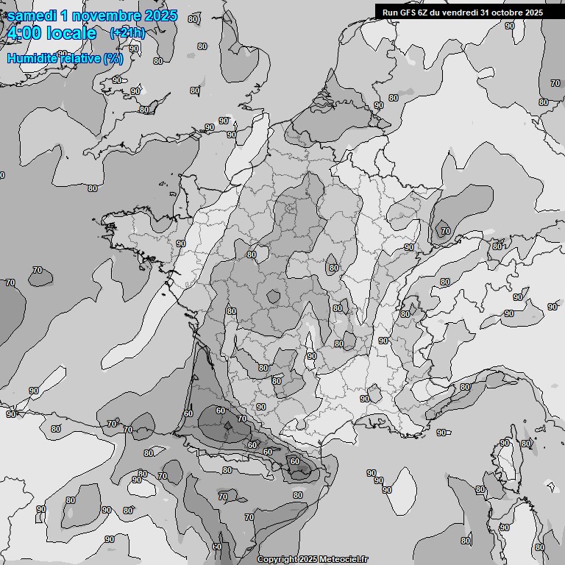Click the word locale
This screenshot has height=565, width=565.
tap(71, 34)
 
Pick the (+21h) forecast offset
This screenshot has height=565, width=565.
tap(128, 33)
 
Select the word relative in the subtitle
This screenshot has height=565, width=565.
tap(82, 58)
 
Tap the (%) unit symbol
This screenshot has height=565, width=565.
tap(113, 58)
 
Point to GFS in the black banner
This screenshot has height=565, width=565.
tap(409, 12)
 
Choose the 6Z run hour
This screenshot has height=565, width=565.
tap(425, 12)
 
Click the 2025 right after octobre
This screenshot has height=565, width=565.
tap(534, 12)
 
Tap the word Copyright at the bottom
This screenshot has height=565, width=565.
tap(278, 560)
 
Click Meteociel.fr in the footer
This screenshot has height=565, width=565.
tap(343, 560)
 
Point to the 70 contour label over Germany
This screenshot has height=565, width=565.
tap(445, 231)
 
